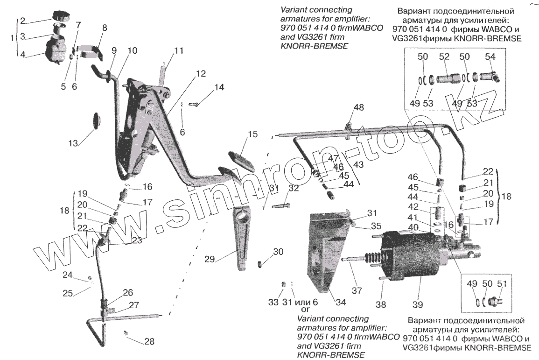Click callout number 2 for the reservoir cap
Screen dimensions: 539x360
[22, 20]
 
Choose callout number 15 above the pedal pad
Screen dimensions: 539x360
[252, 134]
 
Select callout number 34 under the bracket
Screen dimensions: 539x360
[341, 302]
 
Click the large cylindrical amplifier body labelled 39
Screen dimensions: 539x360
[411, 257]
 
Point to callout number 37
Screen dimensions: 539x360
[357, 290]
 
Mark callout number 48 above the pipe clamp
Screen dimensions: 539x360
[358, 108]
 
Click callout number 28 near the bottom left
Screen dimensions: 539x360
[148, 341]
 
